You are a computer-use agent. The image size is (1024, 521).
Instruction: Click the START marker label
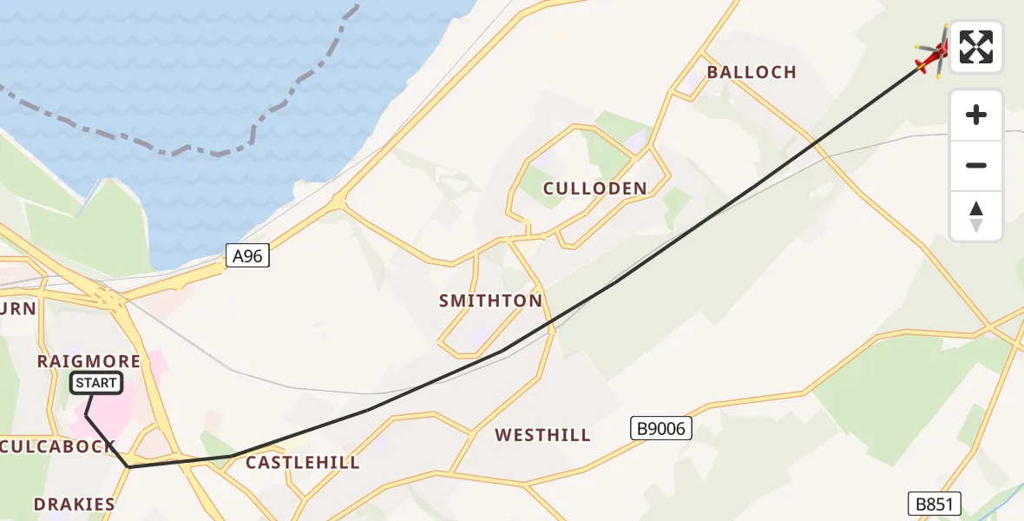click(96, 383)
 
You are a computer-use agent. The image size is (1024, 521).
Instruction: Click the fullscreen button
click(976, 47)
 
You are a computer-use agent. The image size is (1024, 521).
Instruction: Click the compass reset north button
click(976, 216)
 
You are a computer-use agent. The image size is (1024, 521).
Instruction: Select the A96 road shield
click(248, 255)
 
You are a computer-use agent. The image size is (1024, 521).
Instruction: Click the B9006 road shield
click(660, 427)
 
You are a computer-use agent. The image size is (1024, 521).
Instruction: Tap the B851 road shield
click(935, 504)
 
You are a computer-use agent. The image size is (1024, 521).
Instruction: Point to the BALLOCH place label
click(752, 72)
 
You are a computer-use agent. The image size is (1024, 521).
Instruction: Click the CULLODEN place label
click(595, 188)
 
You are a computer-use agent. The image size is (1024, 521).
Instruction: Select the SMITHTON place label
click(490, 301)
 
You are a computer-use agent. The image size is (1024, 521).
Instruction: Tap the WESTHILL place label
click(542, 435)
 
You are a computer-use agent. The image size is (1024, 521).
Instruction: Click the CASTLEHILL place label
click(303, 463)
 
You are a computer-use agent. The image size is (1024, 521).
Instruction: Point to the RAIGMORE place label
click(89, 360)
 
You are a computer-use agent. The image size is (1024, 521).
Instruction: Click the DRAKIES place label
click(75, 504)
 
